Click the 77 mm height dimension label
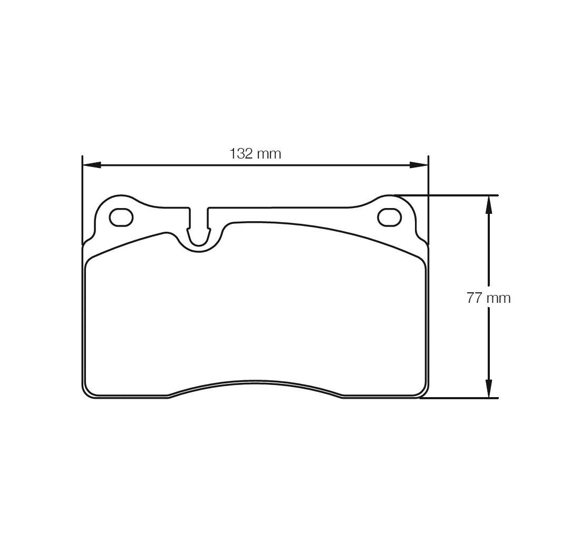pyautogui.click(x=488, y=298)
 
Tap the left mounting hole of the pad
pyautogui.click(x=121, y=217)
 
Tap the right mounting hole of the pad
pyautogui.click(x=390, y=217)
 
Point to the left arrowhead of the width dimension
pyautogui.click(x=91, y=165)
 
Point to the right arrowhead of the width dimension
pyautogui.click(x=418, y=165)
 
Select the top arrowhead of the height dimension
pyautogui.click(x=489, y=205)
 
